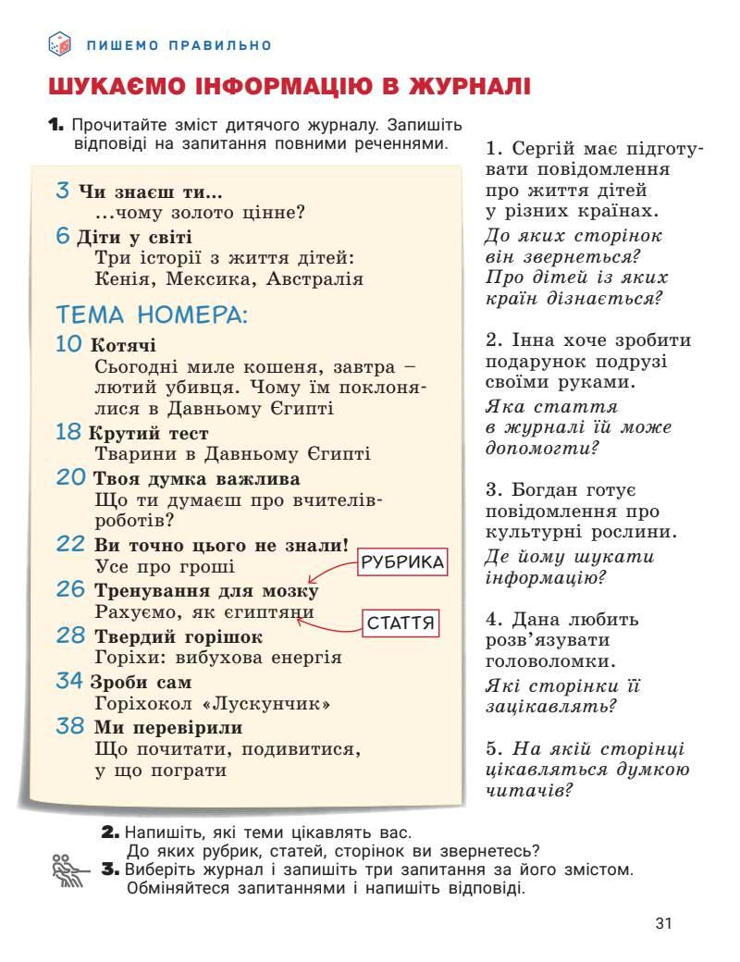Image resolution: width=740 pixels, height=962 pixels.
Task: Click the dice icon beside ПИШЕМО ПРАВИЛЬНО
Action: click(58, 43)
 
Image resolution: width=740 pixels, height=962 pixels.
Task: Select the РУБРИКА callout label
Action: click(402, 562)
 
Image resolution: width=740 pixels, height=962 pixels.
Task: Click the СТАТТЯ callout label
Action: click(401, 623)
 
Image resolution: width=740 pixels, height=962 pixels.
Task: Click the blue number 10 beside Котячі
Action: click(69, 345)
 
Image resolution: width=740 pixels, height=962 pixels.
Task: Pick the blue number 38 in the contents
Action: click(70, 726)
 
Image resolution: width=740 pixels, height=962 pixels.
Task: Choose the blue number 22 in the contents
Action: click(70, 544)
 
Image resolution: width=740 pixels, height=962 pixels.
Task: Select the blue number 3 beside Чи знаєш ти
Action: click(63, 191)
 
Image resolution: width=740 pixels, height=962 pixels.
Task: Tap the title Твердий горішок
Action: click(179, 636)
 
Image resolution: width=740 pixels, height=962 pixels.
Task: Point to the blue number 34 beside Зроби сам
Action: click(69, 682)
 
